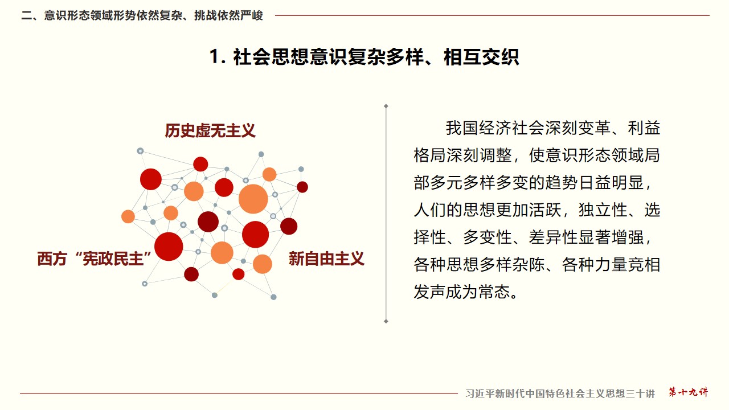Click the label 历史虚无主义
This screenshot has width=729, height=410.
pos(210,131)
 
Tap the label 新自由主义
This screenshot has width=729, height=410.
pos(326,259)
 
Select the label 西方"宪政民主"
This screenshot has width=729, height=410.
pos(95,259)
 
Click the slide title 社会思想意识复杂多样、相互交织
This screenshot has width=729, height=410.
pos(376,58)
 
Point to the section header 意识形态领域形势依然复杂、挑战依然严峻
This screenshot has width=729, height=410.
pos(154,15)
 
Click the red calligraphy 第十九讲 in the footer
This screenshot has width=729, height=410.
pos(689,392)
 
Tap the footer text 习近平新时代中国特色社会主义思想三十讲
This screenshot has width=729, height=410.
pos(560,393)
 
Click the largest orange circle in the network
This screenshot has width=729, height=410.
pos(253,199)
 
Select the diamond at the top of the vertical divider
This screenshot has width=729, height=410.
pos(386,106)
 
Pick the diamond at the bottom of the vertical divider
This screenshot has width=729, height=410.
pos(386,322)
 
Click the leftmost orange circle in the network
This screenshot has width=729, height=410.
pos(128,217)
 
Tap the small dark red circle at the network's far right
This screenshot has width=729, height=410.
pos(302,187)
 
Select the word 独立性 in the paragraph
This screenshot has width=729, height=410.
pos(603,210)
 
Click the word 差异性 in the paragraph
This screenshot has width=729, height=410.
pos(553,237)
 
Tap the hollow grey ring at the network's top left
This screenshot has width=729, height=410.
pos(140,151)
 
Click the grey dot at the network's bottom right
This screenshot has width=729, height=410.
pos(274,297)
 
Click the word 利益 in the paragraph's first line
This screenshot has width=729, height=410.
pos(644,128)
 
